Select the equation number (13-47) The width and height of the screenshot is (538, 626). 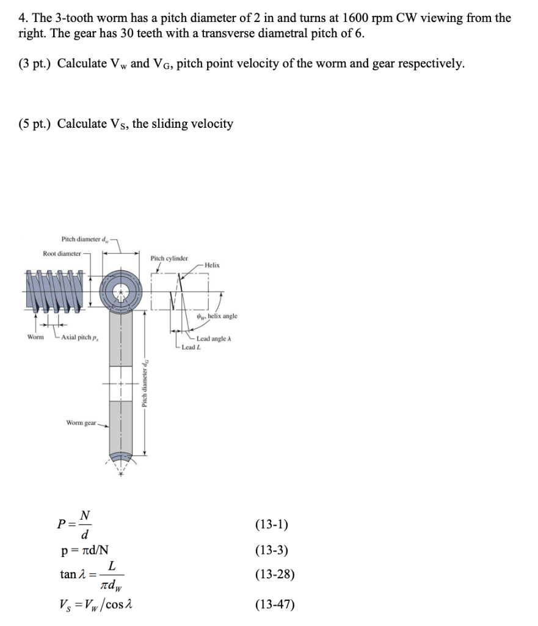point(274,605)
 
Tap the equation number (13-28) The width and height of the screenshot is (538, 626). point(274,574)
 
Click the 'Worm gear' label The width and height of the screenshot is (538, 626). point(81,423)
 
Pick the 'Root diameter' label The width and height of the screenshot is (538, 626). point(62,253)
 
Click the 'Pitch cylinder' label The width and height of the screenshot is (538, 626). point(169,259)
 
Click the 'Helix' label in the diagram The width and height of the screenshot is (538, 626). point(212,265)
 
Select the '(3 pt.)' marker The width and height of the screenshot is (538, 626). point(32,64)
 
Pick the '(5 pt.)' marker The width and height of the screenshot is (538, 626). point(32,124)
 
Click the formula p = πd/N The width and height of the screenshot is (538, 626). point(85,550)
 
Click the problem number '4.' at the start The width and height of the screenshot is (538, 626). point(23,18)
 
